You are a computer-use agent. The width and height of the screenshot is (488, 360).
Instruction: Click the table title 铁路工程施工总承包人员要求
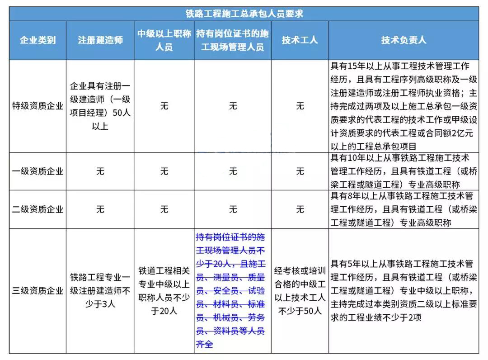[244, 14]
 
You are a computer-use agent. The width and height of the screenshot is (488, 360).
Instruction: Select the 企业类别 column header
[38, 40]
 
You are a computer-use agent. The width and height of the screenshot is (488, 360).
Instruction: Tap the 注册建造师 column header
[100, 40]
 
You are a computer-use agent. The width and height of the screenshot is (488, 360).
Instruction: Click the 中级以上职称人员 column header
[164, 40]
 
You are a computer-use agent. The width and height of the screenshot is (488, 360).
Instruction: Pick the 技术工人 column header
[300, 40]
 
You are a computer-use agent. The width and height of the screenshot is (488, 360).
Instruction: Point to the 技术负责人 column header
[404, 40]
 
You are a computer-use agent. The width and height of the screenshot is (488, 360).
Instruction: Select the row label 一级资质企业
[38, 171]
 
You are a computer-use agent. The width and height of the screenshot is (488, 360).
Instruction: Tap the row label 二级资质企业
[38, 209]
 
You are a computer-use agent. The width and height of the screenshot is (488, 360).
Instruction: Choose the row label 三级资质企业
[38, 291]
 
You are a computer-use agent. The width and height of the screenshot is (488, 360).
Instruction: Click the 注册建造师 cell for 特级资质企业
[100, 106]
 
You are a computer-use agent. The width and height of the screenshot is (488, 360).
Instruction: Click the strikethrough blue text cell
[232, 291]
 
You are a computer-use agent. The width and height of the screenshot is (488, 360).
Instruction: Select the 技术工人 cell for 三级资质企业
[300, 291]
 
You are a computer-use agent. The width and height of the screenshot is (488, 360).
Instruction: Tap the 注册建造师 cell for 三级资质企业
[100, 291]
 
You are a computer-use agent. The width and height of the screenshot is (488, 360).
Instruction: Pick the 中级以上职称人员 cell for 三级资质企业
[164, 291]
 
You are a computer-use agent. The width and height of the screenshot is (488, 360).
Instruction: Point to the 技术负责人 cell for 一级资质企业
[404, 171]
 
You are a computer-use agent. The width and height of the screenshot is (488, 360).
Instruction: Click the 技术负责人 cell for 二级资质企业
[404, 209]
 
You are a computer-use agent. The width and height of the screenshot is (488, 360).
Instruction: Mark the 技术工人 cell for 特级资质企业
[300, 106]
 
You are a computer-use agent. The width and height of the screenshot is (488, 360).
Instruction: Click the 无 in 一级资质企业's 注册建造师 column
[100, 171]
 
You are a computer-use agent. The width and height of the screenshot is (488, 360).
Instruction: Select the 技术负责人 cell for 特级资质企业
[404, 106]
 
